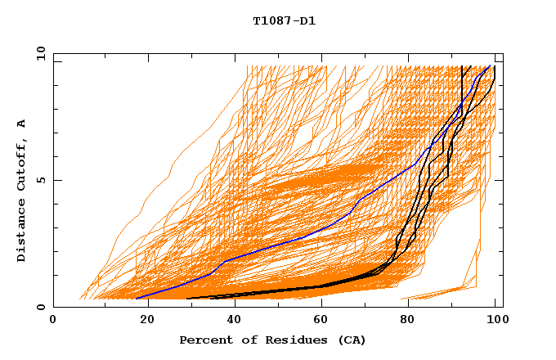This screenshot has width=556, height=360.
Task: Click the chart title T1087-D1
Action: click(284, 21)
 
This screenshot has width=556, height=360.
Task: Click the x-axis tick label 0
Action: click(53, 321)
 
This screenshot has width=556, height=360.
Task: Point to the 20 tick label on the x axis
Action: click(142, 321)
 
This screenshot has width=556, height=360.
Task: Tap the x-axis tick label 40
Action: click(231, 321)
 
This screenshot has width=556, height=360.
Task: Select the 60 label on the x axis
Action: click(321, 321)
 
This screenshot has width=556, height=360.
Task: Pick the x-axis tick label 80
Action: click(409, 321)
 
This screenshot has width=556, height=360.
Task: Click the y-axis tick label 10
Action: click(40, 54)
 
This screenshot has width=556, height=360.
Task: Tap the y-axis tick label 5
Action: click(40, 181)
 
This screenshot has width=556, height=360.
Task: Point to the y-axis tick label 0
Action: click(40, 308)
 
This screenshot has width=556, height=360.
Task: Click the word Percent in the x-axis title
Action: click(203, 340)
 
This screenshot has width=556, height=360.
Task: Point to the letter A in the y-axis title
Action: click(22, 123)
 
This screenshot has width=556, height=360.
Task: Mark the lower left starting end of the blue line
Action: click(137, 299)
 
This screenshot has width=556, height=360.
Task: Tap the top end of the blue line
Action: click(490, 66)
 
